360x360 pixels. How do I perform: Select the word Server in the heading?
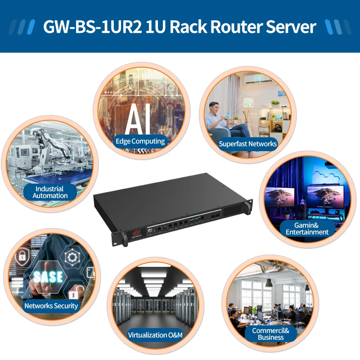pyautogui.click(x=291, y=27)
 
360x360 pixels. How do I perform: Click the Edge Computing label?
pyautogui.click(x=140, y=141)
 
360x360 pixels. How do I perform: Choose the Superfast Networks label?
pyautogui.click(x=247, y=144)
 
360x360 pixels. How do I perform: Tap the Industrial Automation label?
pyautogui.click(x=50, y=192)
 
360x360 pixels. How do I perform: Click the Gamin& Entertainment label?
pyautogui.click(x=307, y=228)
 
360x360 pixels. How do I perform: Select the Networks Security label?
pyautogui.click(x=51, y=306)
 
